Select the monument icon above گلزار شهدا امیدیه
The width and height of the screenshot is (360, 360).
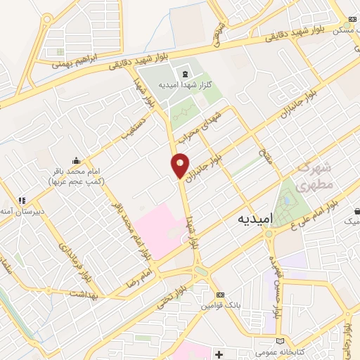184,74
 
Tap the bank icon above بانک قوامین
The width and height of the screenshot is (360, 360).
221,295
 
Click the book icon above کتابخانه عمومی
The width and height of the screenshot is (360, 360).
281,339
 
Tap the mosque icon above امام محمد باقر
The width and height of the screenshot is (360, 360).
76,161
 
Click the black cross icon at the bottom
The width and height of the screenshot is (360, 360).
219,352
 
